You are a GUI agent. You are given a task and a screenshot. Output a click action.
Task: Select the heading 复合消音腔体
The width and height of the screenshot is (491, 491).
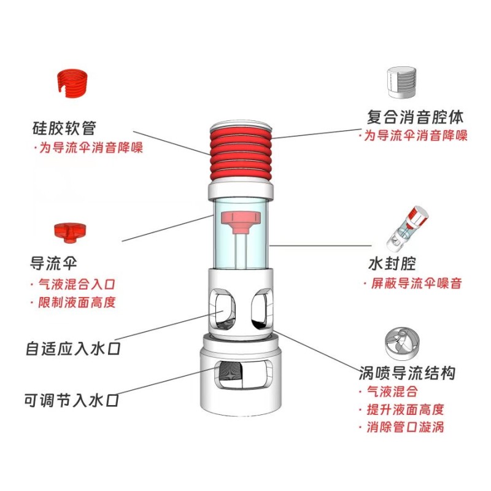pyautogui.click(x=415, y=116)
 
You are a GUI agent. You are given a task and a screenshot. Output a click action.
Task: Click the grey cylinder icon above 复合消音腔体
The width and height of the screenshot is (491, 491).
pyautogui.click(x=401, y=82)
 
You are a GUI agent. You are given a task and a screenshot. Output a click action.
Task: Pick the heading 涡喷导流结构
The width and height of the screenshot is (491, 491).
pyautogui.click(x=407, y=373)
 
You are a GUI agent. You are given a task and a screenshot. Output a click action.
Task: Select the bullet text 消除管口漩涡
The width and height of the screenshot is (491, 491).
pyautogui.click(x=404, y=427)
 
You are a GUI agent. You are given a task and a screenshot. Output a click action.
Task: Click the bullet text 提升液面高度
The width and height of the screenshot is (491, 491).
pyautogui.click(x=404, y=409)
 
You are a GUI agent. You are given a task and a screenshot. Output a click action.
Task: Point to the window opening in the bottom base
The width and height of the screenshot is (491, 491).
pyautogui.click(x=239, y=374)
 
